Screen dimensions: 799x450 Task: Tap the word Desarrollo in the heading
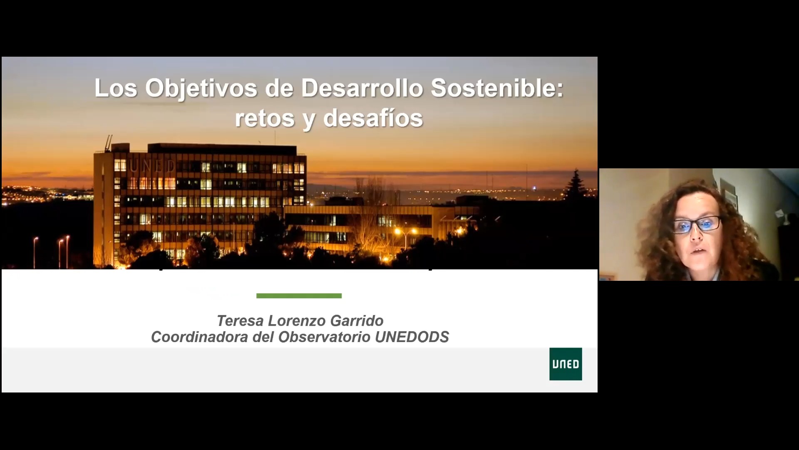click(362, 88)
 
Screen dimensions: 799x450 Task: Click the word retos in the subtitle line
click(265, 118)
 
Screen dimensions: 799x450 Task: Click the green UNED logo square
click(566, 364)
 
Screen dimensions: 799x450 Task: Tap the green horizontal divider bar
click(299, 296)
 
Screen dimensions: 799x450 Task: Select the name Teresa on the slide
click(240, 321)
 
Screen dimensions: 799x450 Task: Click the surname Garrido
click(357, 321)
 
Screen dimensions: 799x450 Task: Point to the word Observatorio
click(324, 337)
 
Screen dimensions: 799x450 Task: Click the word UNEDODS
click(412, 337)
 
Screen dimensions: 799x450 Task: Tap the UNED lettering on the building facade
click(152, 166)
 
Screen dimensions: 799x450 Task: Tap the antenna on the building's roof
click(109, 143)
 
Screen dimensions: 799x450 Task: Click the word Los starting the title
click(116, 88)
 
